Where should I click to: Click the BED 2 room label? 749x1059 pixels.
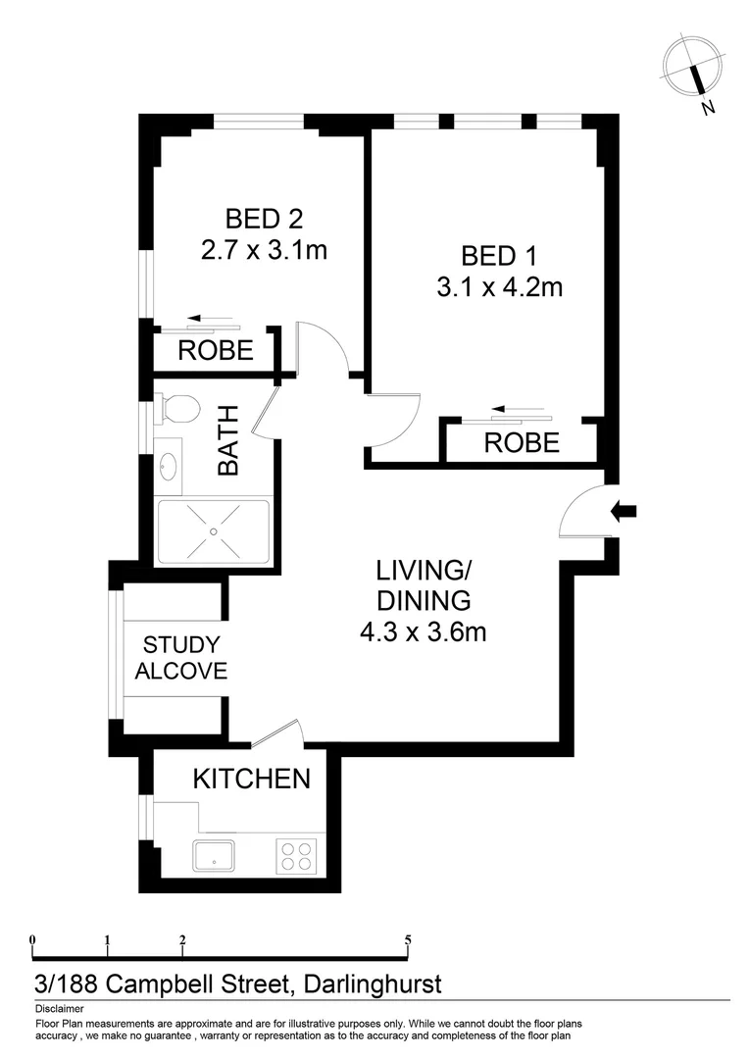[x=263, y=217]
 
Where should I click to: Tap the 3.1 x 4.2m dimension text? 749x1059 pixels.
[x=499, y=287]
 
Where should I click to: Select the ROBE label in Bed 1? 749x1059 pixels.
[x=522, y=442]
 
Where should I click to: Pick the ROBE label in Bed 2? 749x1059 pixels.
[x=215, y=350]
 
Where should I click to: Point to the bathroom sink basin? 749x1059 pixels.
[x=169, y=466]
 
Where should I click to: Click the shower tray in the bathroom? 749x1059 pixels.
[x=213, y=530]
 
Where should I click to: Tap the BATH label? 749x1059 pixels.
[x=228, y=445]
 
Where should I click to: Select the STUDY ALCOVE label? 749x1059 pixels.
[x=181, y=658]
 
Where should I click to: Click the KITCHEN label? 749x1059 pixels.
[x=251, y=780]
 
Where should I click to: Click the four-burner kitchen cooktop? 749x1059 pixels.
[x=296, y=856]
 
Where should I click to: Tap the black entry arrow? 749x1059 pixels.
[x=624, y=510]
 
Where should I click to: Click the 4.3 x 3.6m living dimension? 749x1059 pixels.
[x=423, y=631]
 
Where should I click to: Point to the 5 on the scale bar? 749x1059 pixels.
[x=408, y=939]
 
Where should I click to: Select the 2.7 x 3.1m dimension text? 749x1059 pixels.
[x=263, y=250]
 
